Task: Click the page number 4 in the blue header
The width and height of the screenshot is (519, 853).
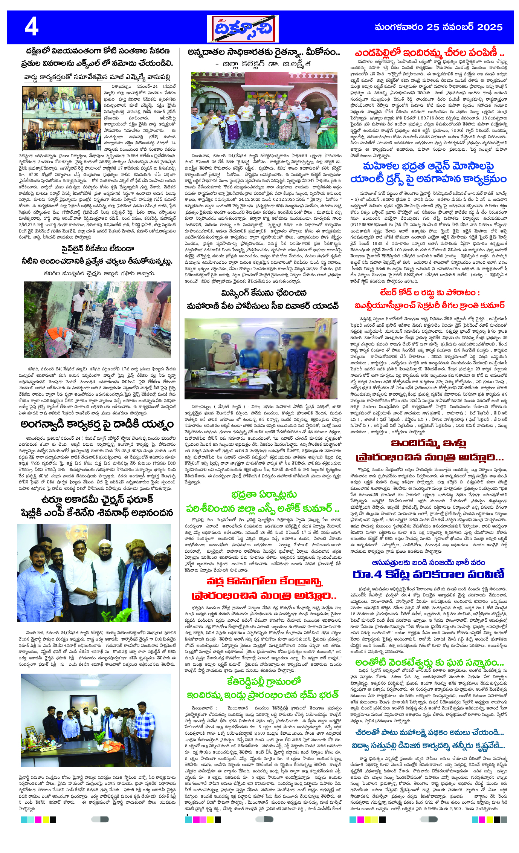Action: [32, 27]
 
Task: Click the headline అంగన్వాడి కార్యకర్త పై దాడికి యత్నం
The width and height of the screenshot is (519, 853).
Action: [97, 424]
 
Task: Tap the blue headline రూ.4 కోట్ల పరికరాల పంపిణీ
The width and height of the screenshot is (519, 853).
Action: [428, 574]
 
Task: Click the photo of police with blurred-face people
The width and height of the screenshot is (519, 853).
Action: [261, 358]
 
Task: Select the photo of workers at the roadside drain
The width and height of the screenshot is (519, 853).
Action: [97, 319]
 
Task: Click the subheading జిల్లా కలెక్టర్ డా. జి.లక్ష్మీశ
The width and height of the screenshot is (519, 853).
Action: [264, 64]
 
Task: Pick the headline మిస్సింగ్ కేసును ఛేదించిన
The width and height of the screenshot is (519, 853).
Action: [264, 293]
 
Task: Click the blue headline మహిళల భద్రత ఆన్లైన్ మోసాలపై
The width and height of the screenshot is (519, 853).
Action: [428, 166]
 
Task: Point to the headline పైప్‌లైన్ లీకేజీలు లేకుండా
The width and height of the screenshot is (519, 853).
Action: [98, 249]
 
